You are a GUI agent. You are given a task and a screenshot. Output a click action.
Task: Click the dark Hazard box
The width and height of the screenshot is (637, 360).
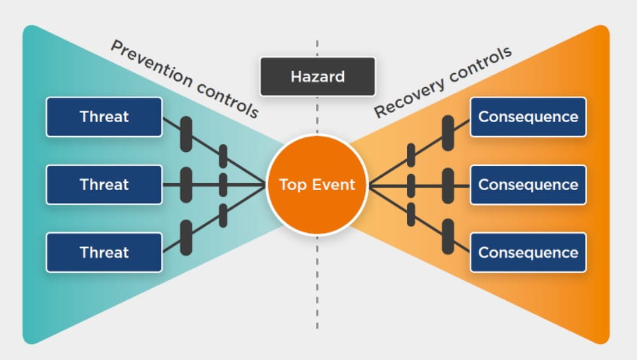point(317,76)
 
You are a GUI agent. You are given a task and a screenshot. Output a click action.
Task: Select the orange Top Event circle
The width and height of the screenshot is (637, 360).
point(317,185)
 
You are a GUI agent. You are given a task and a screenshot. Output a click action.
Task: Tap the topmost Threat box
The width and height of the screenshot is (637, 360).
point(104,117)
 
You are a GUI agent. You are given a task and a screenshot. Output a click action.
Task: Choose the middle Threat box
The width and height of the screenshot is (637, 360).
point(104,185)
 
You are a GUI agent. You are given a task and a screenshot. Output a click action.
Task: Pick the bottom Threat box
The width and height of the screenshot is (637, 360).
point(104,253)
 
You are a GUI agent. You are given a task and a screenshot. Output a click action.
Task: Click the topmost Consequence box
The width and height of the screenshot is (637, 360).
point(528,117)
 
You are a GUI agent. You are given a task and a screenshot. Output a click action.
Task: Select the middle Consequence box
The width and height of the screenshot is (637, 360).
point(528,185)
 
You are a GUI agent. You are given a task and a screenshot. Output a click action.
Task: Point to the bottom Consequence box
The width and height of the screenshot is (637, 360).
point(528,253)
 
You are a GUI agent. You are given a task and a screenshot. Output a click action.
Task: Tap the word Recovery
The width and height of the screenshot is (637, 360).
point(409,97)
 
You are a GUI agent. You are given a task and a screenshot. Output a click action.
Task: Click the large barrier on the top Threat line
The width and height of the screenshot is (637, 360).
point(186,134)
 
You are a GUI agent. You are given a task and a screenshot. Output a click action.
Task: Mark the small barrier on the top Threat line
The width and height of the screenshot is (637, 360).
point(223,156)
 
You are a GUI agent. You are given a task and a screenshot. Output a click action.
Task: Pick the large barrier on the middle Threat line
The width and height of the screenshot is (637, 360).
point(186,185)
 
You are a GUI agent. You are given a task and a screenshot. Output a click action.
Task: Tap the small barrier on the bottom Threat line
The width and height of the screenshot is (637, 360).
point(223,216)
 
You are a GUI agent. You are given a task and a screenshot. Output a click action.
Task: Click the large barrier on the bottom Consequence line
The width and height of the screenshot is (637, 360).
point(448,237)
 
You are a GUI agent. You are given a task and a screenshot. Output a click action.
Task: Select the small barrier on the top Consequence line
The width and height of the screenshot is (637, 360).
point(411,155)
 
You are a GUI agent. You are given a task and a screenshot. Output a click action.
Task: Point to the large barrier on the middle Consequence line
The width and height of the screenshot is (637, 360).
point(448,186)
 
